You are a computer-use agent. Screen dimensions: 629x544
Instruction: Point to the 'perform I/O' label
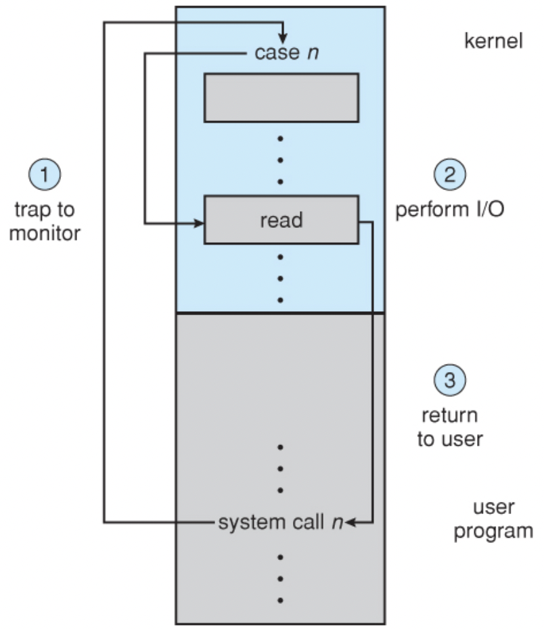[x=449, y=210]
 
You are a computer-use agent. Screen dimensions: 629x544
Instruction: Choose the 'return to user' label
[x=449, y=427]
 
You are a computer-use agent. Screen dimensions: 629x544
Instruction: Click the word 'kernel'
[x=493, y=41]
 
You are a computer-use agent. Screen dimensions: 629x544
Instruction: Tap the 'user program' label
[x=493, y=519]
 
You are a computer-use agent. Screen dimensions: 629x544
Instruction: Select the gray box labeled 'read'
[x=281, y=220]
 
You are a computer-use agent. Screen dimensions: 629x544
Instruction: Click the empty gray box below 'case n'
[x=281, y=97]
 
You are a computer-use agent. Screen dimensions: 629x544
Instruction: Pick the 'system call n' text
[x=280, y=523]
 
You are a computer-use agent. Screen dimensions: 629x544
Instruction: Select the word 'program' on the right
[x=493, y=531]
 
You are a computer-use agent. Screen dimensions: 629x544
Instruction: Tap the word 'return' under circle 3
[x=449, y=415]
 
